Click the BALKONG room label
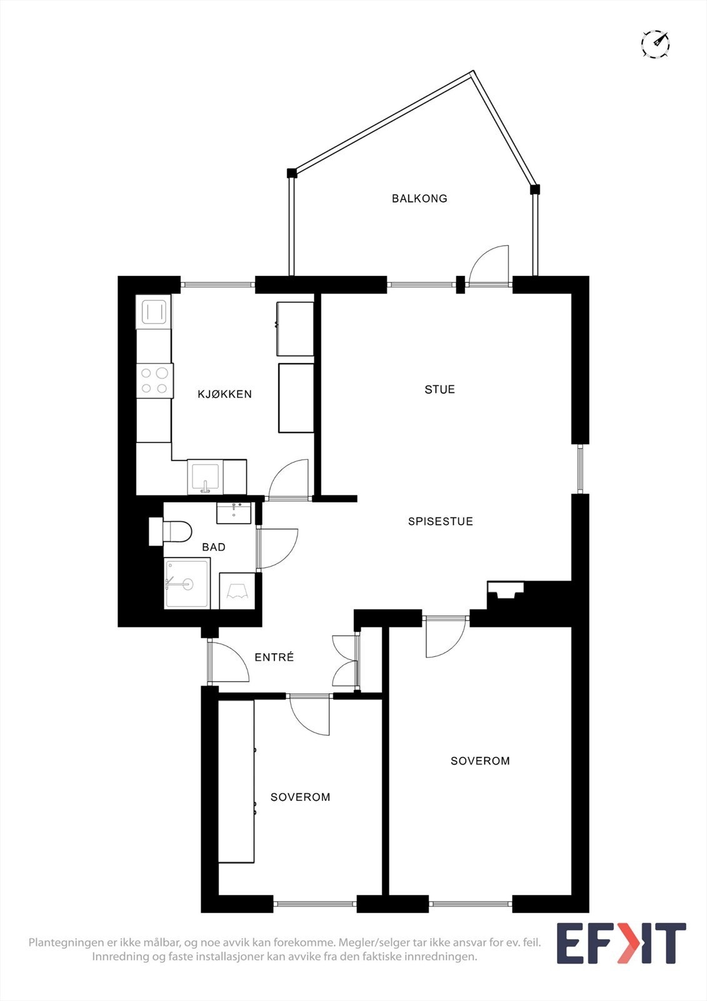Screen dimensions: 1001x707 [419, 198]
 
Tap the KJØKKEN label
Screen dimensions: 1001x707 [224, 394]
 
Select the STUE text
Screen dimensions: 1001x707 [439, 389]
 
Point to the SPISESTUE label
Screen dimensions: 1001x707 [440, 521]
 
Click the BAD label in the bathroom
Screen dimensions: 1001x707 [214, 547]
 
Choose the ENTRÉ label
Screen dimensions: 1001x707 [274, 658]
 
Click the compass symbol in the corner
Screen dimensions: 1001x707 [655, 44]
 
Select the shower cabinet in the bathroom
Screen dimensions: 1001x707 [187, 584]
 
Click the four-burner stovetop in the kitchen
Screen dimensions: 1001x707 [154, 380]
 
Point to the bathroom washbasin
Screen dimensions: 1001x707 [234, 512]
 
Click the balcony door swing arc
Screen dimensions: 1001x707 [489, 265]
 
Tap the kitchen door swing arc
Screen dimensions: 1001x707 [289, 479]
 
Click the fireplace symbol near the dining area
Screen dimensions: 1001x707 [505, 591]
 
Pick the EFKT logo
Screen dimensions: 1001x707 [621, 943]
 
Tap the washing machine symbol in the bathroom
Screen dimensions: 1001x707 [237, 591]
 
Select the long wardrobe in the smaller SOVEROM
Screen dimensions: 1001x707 [236, 781]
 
